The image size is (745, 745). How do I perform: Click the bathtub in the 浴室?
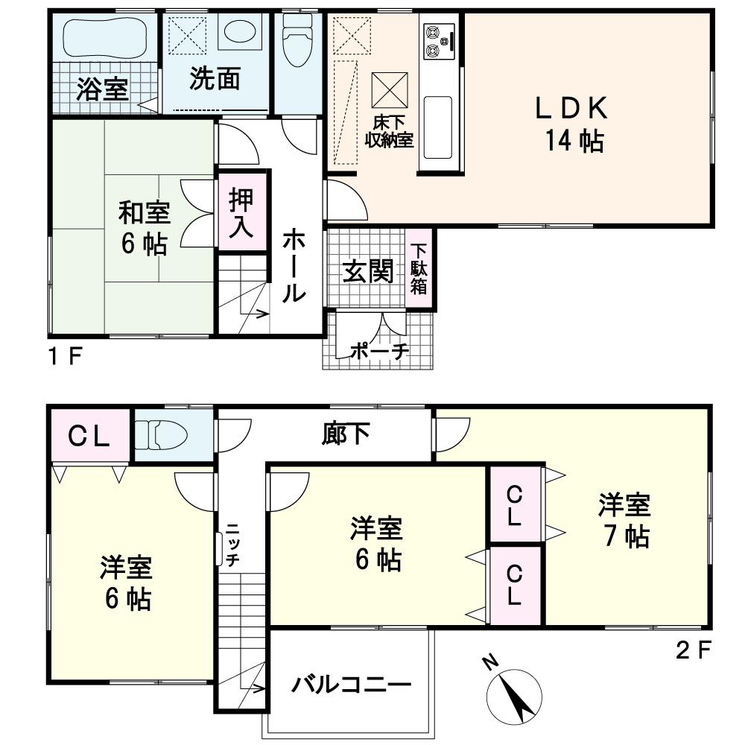(x=102, y=37)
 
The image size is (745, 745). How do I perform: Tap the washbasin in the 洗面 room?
(x=240, y=33)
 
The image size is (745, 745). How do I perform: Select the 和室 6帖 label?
(x=145, y=228)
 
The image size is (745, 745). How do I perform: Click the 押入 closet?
(x=241, y=213)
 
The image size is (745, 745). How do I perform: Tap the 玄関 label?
(x=367, y=272)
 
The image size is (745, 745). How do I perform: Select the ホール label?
(x=294, y=266)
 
